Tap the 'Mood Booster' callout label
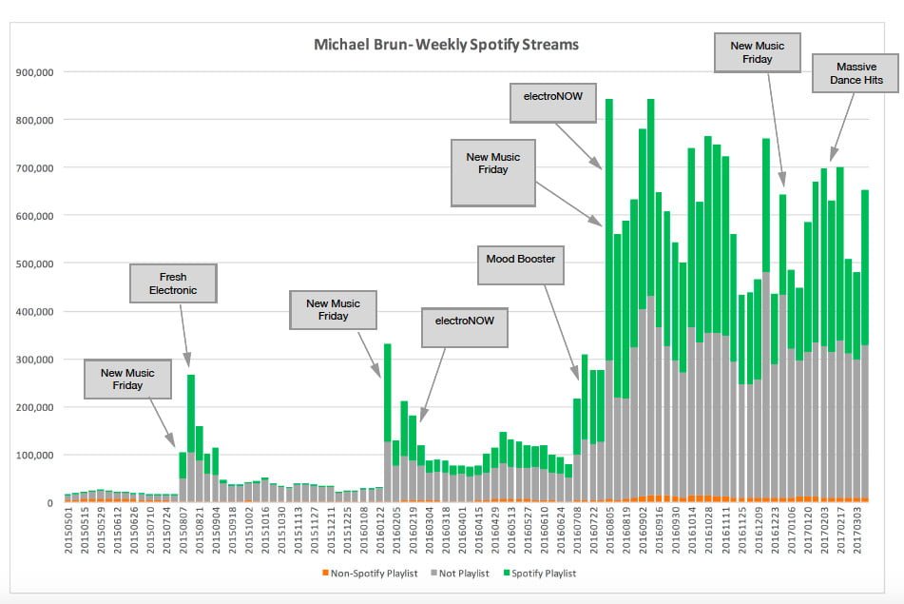coord(521,259)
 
